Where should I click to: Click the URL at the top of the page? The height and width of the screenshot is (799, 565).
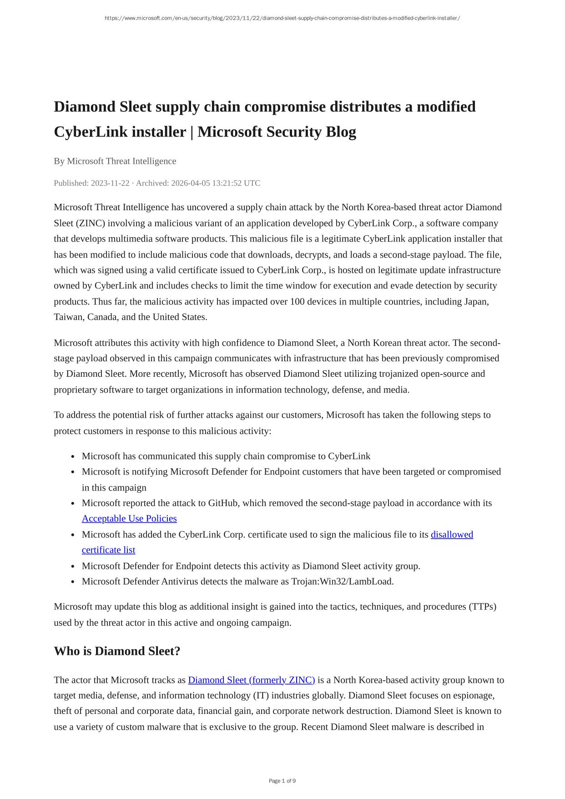282,18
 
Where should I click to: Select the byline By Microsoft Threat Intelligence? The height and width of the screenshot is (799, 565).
115,161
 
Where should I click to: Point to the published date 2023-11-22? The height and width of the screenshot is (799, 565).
110,183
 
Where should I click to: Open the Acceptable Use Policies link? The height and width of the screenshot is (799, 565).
129,519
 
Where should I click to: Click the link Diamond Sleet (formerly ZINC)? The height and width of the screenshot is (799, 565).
251,680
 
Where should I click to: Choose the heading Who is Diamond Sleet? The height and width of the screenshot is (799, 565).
117,652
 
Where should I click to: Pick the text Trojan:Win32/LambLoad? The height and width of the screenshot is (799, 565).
342,582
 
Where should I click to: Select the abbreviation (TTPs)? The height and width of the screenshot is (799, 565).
482,607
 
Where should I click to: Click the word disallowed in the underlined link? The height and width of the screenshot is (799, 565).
452,535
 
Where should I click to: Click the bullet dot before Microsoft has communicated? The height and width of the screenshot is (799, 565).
73,457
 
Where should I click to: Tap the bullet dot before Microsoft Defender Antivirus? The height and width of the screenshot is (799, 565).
73,582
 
